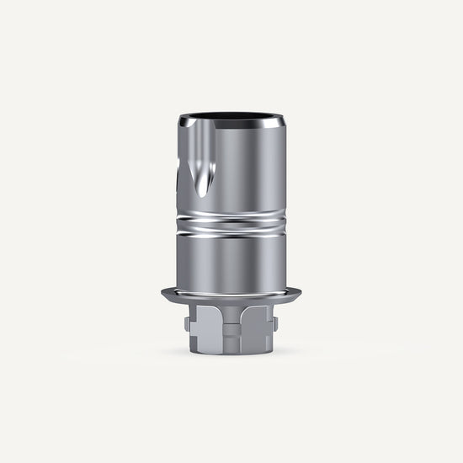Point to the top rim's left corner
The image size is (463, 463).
coord(180,124)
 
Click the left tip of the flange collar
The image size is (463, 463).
coord(162,293)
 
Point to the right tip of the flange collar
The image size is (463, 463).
coord(302,293)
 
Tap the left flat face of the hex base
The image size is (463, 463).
coord(205,333)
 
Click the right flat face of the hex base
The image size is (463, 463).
coord(258,333)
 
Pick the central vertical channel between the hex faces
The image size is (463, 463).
coord(231,333)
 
